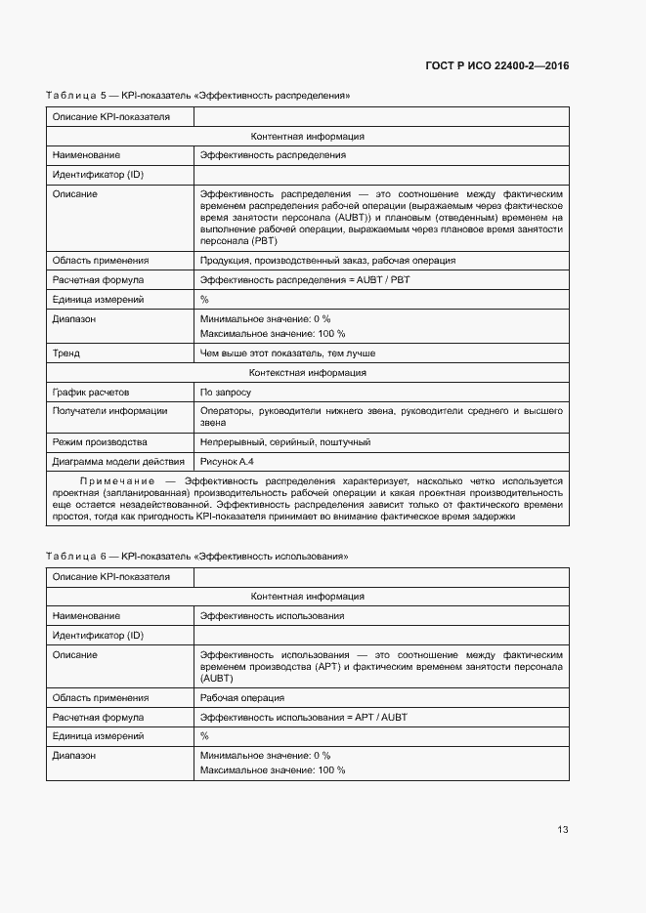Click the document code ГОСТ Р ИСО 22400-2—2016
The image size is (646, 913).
pyautogui.click(x=497, y=65)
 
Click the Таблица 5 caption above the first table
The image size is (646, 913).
pyautogui.click(x=197, y=96)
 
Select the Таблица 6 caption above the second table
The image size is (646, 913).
pyautogui.click(x=197, y=556)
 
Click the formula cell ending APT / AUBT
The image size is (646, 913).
pyautogui.click(x=304, y=717)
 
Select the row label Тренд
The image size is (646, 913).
pyautogui.click(x=66, y=353)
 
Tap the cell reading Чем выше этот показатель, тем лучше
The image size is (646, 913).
pyautogui.click(x=287, y=353)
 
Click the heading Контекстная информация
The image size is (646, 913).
pyautogui.click(x=308, y=372)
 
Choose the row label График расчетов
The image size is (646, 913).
pyautogui.click(x=91, y=392)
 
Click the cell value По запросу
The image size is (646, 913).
pyautogui.click(x=226, y=392)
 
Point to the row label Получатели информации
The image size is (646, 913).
pyautogui.click(x=109, y=411)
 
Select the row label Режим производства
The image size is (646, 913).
pyautogui.click(x=100, y=442)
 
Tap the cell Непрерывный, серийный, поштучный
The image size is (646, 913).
pyautogui.click(x=285, y=442)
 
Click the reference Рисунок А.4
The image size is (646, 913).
pyautogui.click(x=231, y=461)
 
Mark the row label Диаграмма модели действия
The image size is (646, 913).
pyautogui.click(x=118, y=461)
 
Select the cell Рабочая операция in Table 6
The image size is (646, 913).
pyautogui.click(x=242, y=698)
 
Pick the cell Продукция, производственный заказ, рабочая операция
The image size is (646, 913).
pyautogui.click(x=327, y=261)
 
